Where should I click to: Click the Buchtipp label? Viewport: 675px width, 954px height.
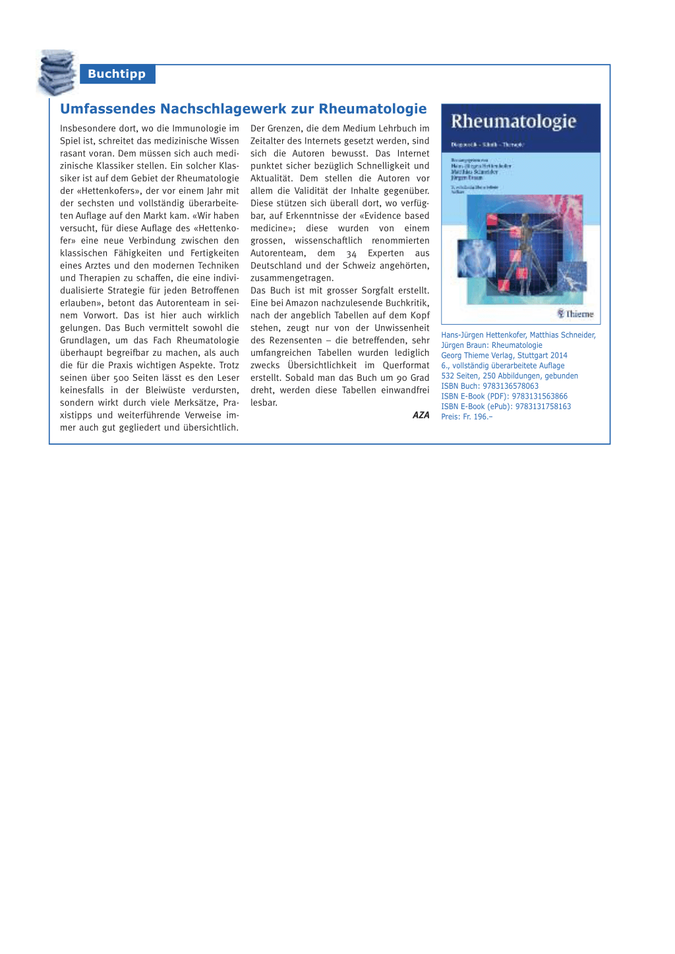(117, 74)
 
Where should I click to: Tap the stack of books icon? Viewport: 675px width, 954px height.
(57, 72)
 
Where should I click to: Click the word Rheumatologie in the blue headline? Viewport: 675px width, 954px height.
(372, 109)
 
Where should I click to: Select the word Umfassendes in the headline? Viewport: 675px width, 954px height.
(108, 109)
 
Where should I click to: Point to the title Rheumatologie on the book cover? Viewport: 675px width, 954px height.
(514, 121)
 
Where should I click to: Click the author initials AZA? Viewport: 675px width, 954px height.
(421, 415)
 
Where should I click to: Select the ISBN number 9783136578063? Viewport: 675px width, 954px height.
(510, 386)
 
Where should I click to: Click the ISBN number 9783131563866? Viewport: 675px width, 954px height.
(539, 397)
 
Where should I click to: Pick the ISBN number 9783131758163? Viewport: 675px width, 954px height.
(543, 407)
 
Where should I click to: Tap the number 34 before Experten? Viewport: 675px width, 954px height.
(351, 254)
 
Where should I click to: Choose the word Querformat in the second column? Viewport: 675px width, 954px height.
(405, 366)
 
